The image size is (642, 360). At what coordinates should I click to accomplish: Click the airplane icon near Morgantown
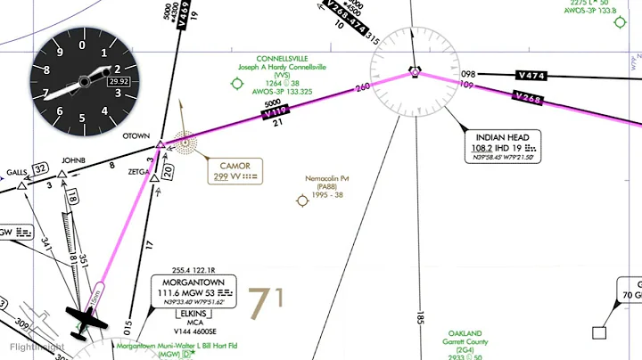tap(85, 321)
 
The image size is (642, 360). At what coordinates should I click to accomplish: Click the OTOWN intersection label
tap(136, 136)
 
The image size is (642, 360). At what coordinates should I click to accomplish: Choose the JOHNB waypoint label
tap(73, 161)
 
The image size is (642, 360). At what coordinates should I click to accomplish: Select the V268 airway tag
tap(528, 98)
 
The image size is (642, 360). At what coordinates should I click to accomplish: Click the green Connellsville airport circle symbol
tap(237, 84)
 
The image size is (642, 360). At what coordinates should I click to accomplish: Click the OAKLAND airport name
tap(465, 332)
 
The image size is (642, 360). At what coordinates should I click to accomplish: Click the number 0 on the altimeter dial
tap(82, 44)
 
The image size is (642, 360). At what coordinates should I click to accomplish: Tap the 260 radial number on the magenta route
tap(361, 88)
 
